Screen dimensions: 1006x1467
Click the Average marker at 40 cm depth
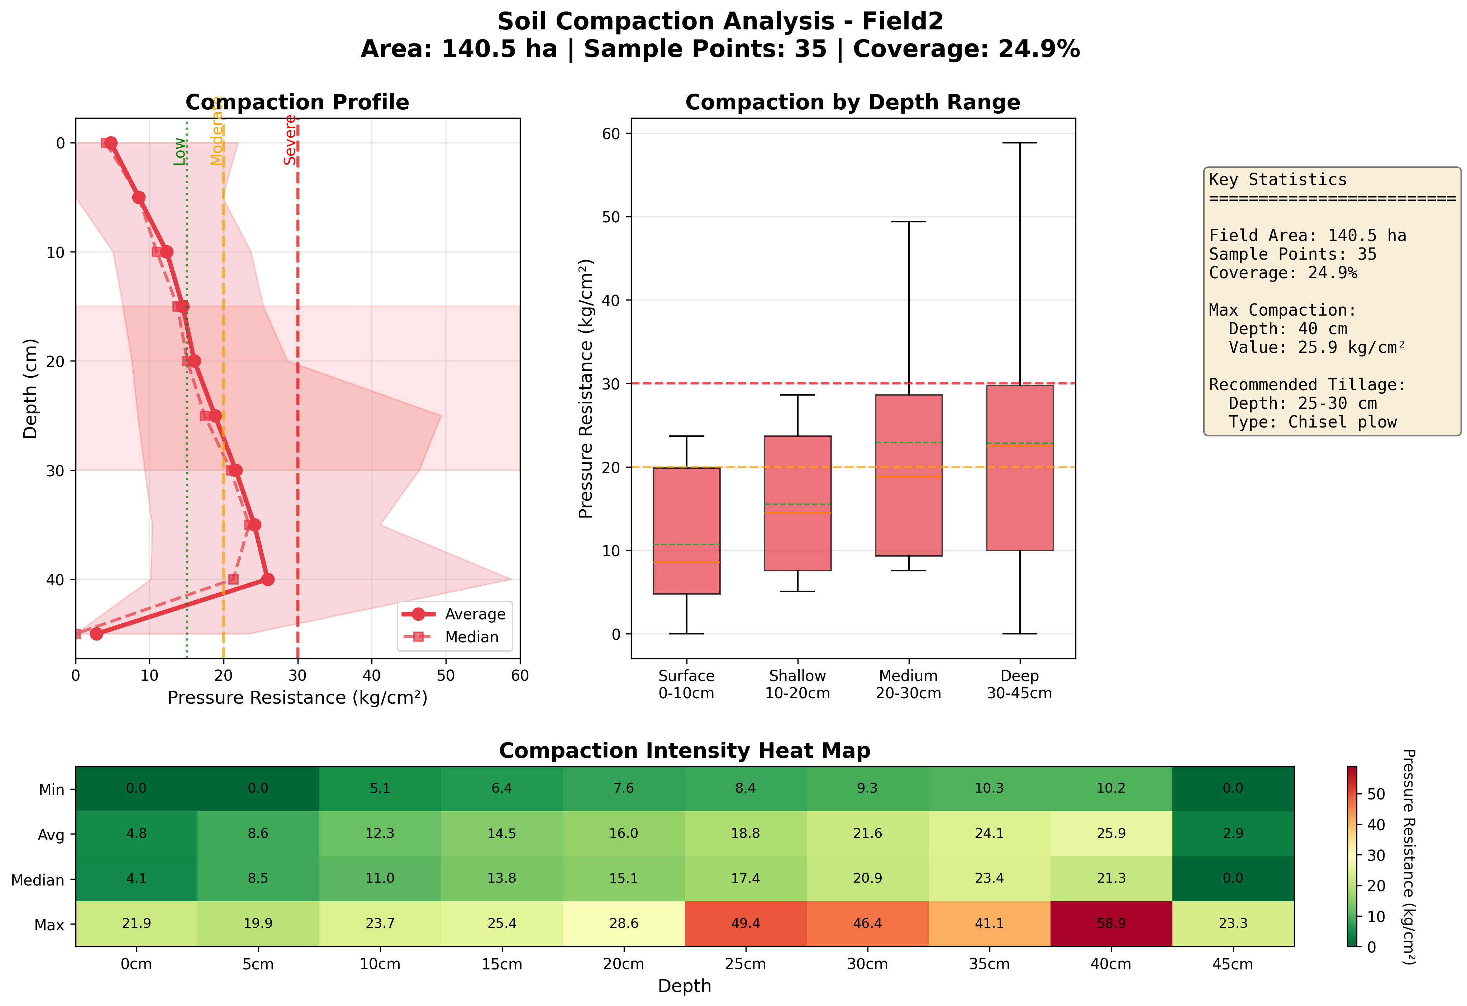tap(268, 579)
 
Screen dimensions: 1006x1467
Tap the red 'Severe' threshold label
tap(290, 140)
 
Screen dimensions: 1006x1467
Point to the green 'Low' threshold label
tap(180, 152)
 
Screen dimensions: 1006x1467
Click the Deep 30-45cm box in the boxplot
tap(1019, 467)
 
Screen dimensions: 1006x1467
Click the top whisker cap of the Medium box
tap(908, 222)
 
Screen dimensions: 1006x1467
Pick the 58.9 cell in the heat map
tap(1111, 923)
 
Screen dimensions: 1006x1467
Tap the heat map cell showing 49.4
tap(746, 923)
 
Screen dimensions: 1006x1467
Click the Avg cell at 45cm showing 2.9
tap(1233, 833)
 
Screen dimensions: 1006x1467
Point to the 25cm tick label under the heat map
tap(746, 964)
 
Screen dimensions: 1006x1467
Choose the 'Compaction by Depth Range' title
tap(852, 102)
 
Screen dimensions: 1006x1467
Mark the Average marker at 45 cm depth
tap(96, 633)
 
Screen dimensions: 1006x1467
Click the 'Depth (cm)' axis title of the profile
tap(30, 388)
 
